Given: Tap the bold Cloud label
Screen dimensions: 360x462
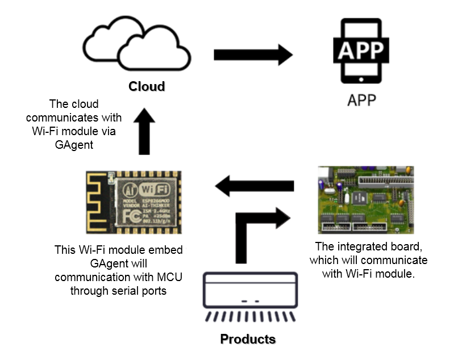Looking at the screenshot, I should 147,87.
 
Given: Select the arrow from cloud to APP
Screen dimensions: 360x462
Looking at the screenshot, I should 253,55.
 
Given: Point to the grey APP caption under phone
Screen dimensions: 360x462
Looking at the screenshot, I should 361,101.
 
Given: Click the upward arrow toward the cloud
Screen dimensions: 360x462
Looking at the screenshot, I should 144,132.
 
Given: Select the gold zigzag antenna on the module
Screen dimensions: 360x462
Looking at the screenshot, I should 98,202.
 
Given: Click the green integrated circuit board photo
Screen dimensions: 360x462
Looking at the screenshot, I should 365,200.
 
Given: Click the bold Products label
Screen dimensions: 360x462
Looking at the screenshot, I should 248,340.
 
